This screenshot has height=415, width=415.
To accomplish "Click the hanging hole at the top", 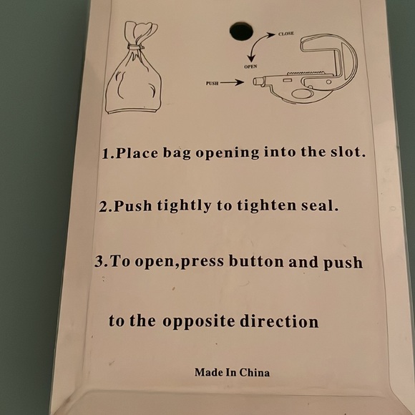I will (x=241, y=30).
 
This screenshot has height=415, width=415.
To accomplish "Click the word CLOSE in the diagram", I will (x=286, y=34).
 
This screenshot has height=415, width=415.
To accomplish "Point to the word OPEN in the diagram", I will (x=250, y=67).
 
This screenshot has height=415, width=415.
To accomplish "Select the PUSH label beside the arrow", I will (x=212, y=84).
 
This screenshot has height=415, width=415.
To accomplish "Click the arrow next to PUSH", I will (x=233, y=83).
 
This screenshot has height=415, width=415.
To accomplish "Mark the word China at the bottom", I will (x=254, y=372).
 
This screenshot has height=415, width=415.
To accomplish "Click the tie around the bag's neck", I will (x=134, y=47).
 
